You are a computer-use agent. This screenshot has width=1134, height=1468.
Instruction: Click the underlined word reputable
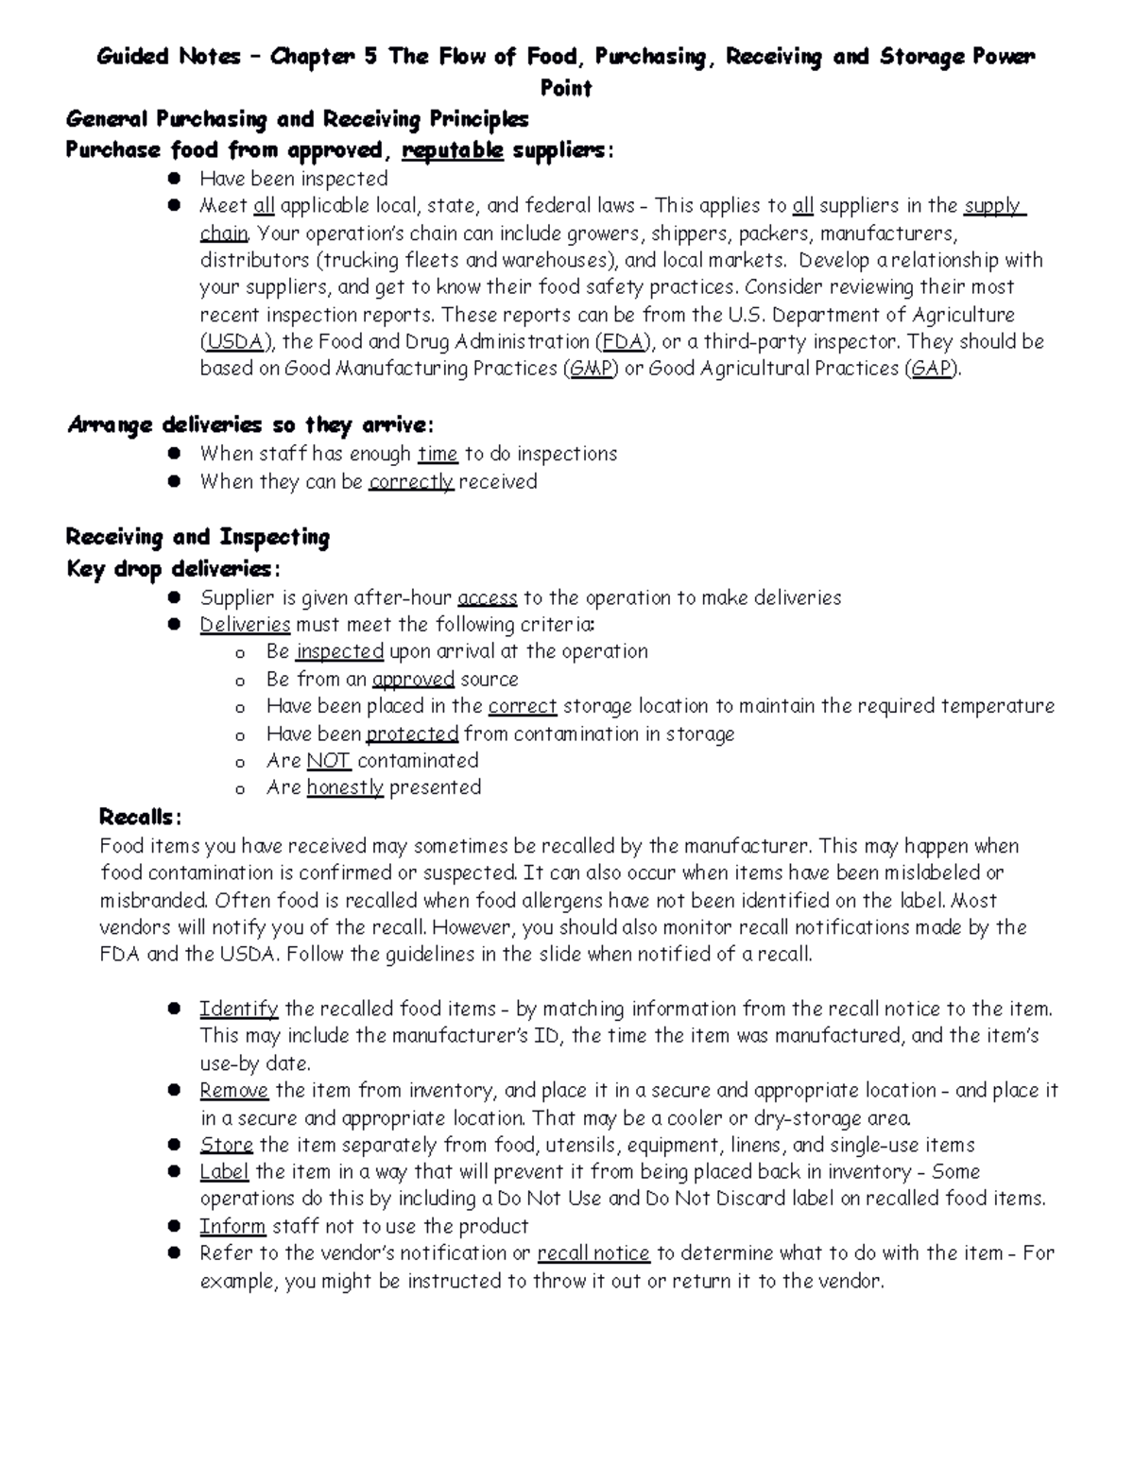(x=453, y=150)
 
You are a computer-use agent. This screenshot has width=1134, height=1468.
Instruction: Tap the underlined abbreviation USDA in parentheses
(x=234, y=341)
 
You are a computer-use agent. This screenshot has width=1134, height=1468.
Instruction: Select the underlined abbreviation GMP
(x=591, y=369)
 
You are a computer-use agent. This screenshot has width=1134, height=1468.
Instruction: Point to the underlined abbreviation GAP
(x=931, y=369)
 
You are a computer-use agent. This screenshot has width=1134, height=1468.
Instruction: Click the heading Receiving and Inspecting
(x=198, y=538)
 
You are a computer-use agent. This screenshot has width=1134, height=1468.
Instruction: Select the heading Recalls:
(x=140, y=817)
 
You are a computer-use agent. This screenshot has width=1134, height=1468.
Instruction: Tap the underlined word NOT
(x=329, y=761)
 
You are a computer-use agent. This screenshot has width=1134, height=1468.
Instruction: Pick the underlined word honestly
(x=345, y=787)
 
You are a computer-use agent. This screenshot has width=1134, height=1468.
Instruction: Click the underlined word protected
(x=412, y=734)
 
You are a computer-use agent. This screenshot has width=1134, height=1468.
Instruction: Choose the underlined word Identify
(x=238, y=1009)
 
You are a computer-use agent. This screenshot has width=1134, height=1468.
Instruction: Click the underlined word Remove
(x=233, y=1091)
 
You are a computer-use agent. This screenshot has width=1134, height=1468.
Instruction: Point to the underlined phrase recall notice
(x=593, y=1253)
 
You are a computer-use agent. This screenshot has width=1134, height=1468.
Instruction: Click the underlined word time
(x=438, y=454)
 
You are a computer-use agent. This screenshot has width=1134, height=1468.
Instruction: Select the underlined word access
(x=487, y=598)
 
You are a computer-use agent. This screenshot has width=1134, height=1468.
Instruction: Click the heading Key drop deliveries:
(x=173, y=569)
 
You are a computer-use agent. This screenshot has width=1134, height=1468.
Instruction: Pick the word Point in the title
(x=566, y=89)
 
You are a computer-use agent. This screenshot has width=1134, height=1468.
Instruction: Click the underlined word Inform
(x=232, y=1226)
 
